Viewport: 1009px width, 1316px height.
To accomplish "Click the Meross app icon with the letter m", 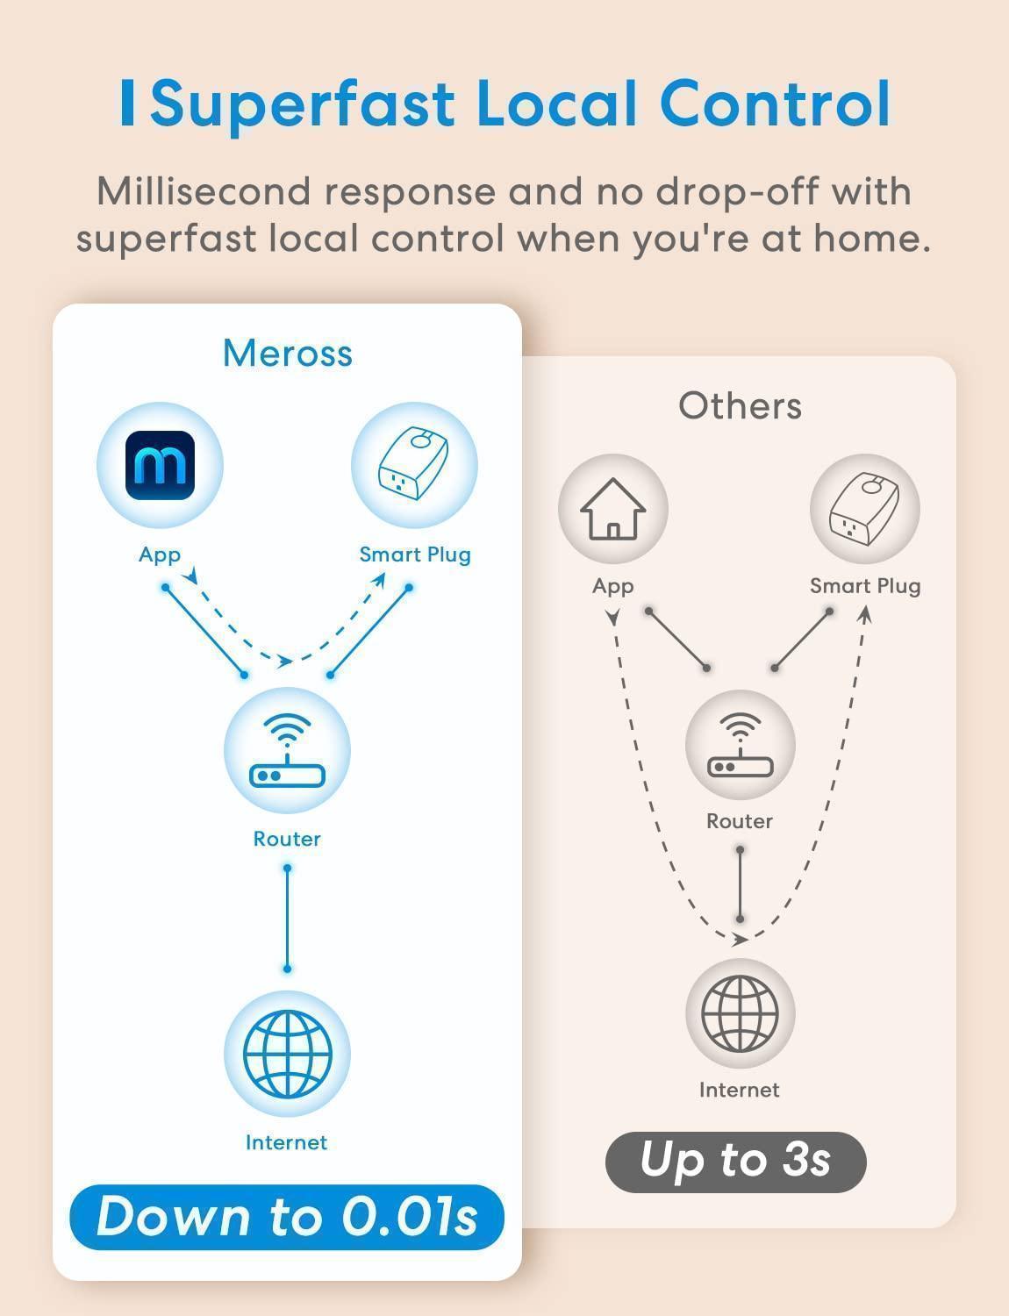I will point(160,465).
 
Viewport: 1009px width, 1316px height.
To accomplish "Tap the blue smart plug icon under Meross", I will point(414,465).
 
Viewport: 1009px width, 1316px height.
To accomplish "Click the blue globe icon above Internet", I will point(287,1053).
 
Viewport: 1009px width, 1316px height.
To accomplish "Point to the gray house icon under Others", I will point(612,509).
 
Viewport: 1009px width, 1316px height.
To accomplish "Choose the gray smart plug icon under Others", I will point(864,509).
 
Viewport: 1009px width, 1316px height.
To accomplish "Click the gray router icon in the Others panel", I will point(740,745).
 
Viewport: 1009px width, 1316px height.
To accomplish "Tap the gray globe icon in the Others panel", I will point(740,1012).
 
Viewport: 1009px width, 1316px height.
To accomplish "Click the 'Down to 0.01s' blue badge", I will point(287,1216).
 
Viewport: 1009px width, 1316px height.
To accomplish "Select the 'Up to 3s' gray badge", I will point(735,1161).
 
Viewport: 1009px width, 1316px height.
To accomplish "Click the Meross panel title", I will point(287,354).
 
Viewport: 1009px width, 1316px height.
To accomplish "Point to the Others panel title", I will point(740,406).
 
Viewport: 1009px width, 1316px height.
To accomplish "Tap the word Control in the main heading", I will point(775,104).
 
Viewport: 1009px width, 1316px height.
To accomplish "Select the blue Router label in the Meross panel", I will point(287,839).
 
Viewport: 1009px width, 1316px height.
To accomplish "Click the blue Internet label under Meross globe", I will point(286,1142).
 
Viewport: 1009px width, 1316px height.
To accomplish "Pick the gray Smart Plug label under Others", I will point(864,586).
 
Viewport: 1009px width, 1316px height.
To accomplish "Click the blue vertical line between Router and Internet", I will point(287,919).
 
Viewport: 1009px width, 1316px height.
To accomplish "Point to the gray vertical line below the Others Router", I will point(741,884).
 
